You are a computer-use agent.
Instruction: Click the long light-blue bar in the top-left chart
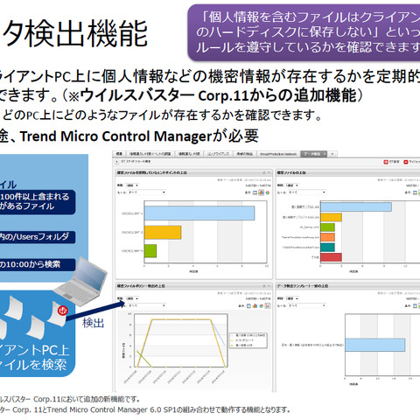pos(199,213)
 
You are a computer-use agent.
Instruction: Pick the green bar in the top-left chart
pos(150,250)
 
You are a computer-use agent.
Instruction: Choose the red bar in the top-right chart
pos(332,258)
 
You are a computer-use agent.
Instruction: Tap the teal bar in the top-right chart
pos(329,236)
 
